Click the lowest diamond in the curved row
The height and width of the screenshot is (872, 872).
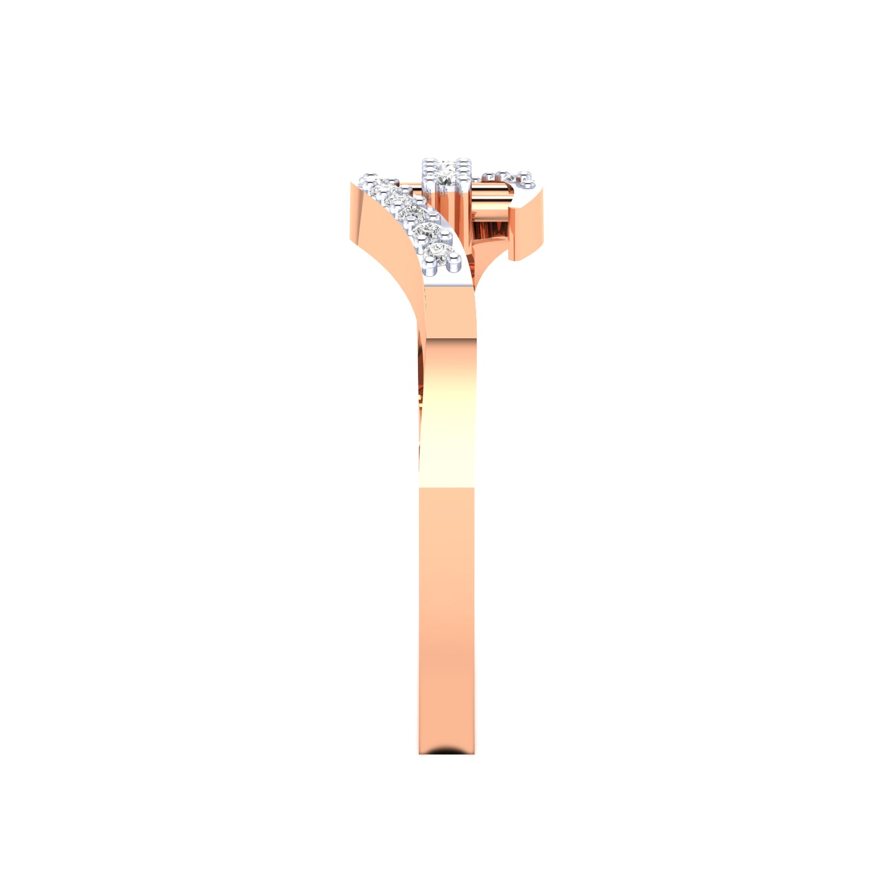coord(440,252)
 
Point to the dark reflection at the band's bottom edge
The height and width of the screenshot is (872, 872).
coord(446,751)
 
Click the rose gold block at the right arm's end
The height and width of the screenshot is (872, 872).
coord(526,227)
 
